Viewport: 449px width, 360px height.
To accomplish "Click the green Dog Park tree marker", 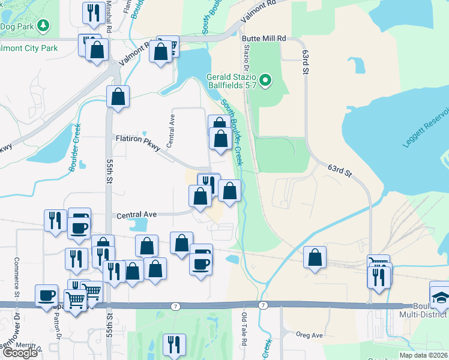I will (43, 25).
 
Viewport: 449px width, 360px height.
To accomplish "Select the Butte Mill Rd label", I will (264, 38).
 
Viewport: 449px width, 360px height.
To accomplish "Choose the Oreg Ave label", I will (310, 335).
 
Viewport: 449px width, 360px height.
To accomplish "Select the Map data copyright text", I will (423, 355).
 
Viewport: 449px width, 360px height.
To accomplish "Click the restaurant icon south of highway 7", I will (173, 344).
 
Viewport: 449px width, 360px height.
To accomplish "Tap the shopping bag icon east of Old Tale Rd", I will (315, 257).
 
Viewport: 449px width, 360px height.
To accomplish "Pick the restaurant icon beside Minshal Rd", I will (93, 13).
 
